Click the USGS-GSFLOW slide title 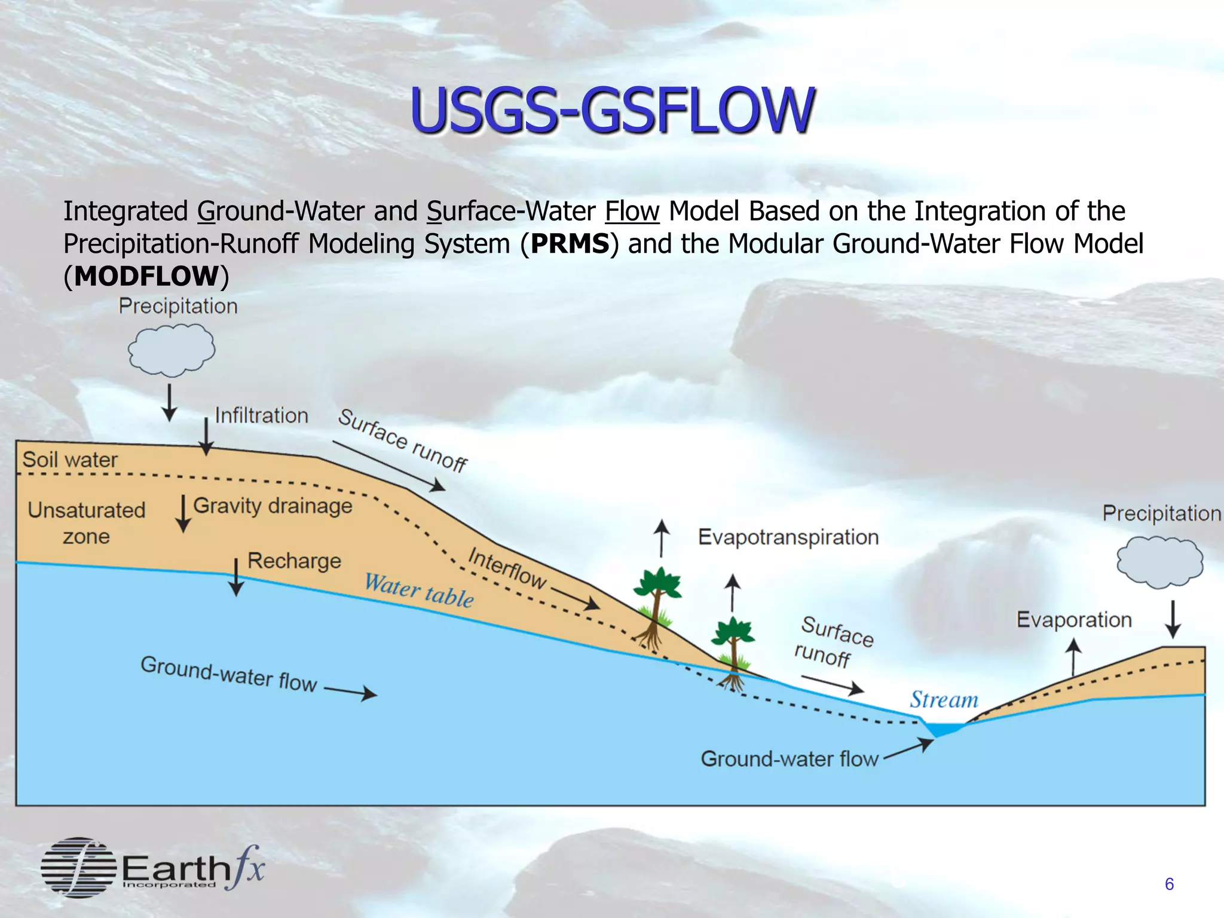pyautogui.click(x=611, y=110)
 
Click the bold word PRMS pyautogui.click(x=570, y=244)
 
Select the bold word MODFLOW pyautogui.click(x=146, y=276)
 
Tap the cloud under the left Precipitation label pyautogui.click(x=172, y=350)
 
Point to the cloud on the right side pyautogui.click(x=1159, y=562)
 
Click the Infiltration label pyautogui.click(x=261, y=415)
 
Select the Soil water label pyautogui.click(x=70, y=460)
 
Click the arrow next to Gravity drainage pyautogui.click(x=183, y=513)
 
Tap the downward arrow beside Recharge pyautogui.click(x=236, y=577)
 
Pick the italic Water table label pyautogui.click(x=419, y=590)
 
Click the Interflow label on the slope pyautogui.click(x=507, y=568)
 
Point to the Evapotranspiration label pyautogui.click(x=788, y=537)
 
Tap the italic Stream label pyautogui.click(x=944, y=699)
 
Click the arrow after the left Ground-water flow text pyautogui.click(x=351, y=692)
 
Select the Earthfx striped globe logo pyautogui.click(x=78, y=867)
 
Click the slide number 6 pyautogui.click(x=1169, y=884)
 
